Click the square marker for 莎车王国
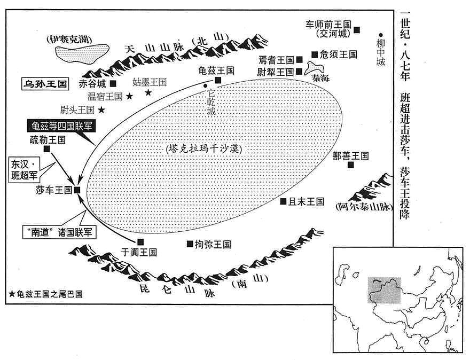(77, 190)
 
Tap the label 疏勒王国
(48, 140)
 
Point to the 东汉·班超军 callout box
(25, 170)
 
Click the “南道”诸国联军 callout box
(60, 232)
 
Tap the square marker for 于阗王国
(140, 242)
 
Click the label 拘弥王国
(213, 244)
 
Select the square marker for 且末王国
(283, 201)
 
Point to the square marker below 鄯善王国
(351, 165)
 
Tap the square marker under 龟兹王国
(218, 80)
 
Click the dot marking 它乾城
(205, 86)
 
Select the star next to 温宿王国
(129, 96)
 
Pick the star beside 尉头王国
(101, 110)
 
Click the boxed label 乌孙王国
(45, 84)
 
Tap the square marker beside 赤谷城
(113, 83)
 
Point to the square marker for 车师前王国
(357, 30)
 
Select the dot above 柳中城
(381, 35)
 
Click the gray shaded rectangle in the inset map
(384, 290)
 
